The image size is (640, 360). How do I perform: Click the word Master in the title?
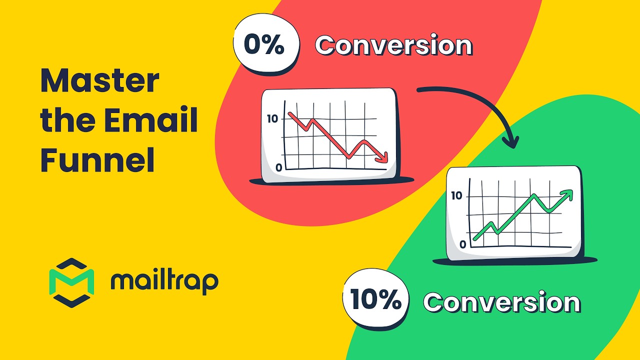[x=100, y=81]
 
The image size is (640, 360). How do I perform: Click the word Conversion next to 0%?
[x=393, y=46]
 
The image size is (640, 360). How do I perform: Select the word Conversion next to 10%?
[x=502, y=302]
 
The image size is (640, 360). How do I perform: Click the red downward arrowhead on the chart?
[x=382, y=158]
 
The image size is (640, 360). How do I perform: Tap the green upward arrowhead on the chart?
[x=567, y=194]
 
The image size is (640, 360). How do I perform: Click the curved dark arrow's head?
[x=510, y=142]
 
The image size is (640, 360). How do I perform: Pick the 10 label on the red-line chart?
[x=272, y=119]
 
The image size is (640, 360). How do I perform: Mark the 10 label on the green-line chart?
[x=456, y=196]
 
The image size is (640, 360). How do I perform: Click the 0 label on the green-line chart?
[x=462, y=244]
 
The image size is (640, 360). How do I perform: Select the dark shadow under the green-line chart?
[x=515, y=260]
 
